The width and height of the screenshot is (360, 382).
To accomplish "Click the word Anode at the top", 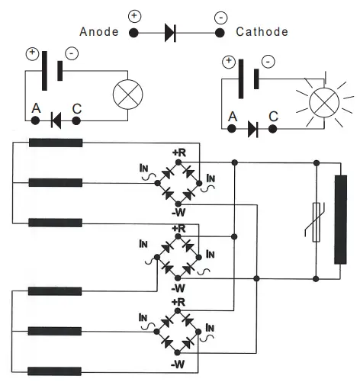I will pos(99,32).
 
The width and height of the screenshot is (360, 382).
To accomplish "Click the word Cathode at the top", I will pos(262,32).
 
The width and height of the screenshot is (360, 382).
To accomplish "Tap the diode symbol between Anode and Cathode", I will pos(170,33).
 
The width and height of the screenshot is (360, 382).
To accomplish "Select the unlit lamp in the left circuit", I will pos(124,95).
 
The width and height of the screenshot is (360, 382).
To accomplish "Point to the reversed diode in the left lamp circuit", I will pos(55,119).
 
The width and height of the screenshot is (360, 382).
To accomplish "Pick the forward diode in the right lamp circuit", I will pos(252,130).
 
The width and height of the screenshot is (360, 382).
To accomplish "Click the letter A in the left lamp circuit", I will pos(35,108).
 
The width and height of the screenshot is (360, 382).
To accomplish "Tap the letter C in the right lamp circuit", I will pos(274,118).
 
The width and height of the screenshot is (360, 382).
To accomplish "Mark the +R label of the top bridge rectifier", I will pos(179,152).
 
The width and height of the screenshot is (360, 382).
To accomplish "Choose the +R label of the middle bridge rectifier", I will pos(179,228).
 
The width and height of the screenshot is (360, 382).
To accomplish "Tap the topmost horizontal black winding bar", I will pos(56,143).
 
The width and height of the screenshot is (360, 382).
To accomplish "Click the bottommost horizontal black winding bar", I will pos(56,371).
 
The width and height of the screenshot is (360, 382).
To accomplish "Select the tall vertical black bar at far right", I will pos(340,219).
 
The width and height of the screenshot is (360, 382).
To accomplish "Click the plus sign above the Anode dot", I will pos(134,15).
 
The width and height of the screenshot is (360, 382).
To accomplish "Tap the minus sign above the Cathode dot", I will pos(220,16).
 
